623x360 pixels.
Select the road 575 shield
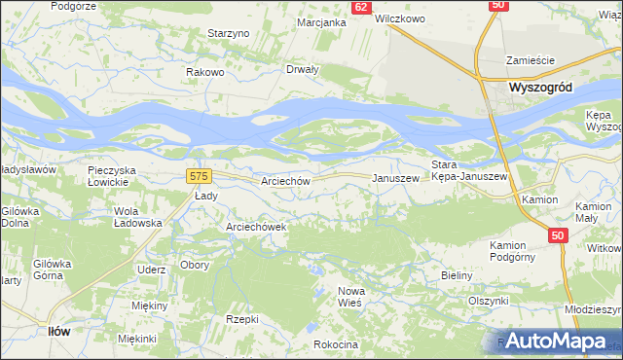click(x=199, y=175)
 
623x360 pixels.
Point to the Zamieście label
click(x=530, y=60)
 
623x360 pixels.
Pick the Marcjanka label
click(x=322, y=22)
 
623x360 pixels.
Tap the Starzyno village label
click(x=230, y=33)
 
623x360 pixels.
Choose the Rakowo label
click(x=206, y=72)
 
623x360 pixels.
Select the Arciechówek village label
click(x=255, y=227)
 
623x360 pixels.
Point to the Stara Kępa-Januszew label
click(x=469, y=169)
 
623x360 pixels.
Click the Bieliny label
click(x=457, y=275)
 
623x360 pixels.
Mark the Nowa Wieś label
click(x=349, y=298)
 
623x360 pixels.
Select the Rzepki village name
click(x=241, y=318)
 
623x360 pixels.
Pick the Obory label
click(x=193, y=266)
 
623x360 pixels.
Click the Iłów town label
click(x=59, y=331)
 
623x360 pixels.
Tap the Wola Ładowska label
click(x=137, y=217)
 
